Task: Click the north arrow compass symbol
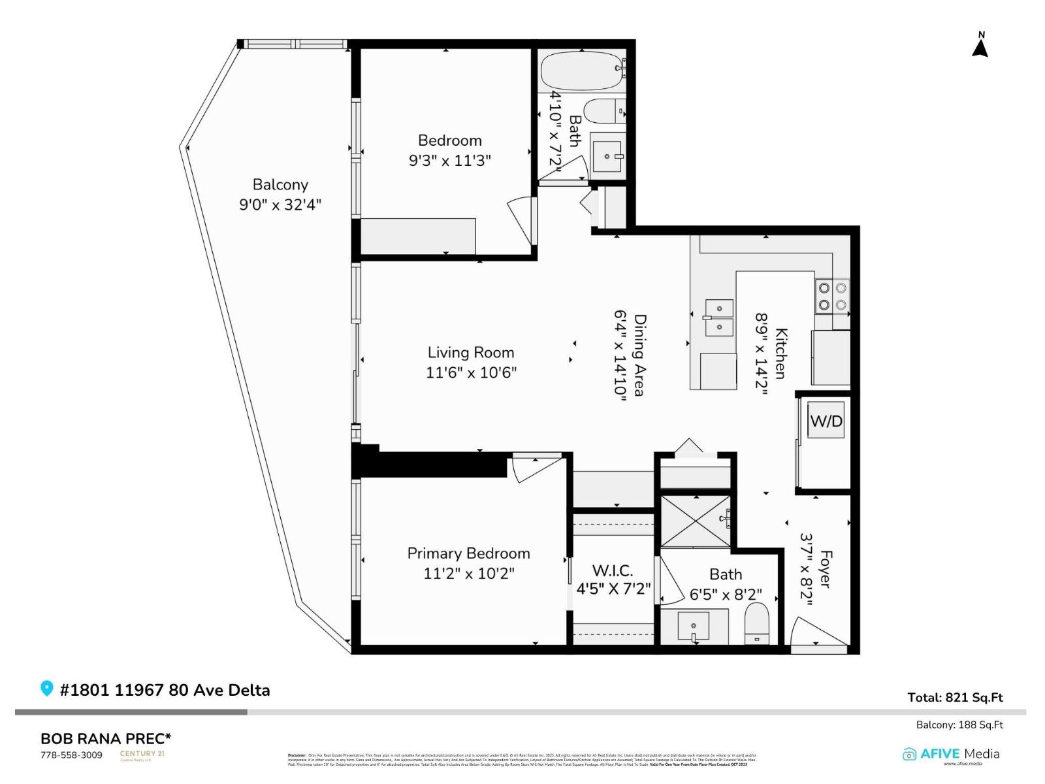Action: [x=980, y=46]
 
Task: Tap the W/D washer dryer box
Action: [x=826, y=421]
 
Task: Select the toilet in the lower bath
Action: [x=757, y=624]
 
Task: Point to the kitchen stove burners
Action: [x=832, y=296]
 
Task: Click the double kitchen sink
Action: [x=718, y=317]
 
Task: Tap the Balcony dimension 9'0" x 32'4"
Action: [x=280, y=204]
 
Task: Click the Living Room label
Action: [x=471, y=353]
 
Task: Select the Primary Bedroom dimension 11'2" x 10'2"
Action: [x=469, y=574]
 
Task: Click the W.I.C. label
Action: [x=613, y=570]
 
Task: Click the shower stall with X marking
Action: [x=695, y=521]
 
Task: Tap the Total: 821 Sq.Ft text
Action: [x=955, y=697]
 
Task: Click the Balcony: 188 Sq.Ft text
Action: [x=959, y=725]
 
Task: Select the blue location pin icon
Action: [x=46, y=689]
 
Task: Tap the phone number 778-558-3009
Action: [x=71, y=755]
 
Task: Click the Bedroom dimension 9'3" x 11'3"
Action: [x=449, y=161]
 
